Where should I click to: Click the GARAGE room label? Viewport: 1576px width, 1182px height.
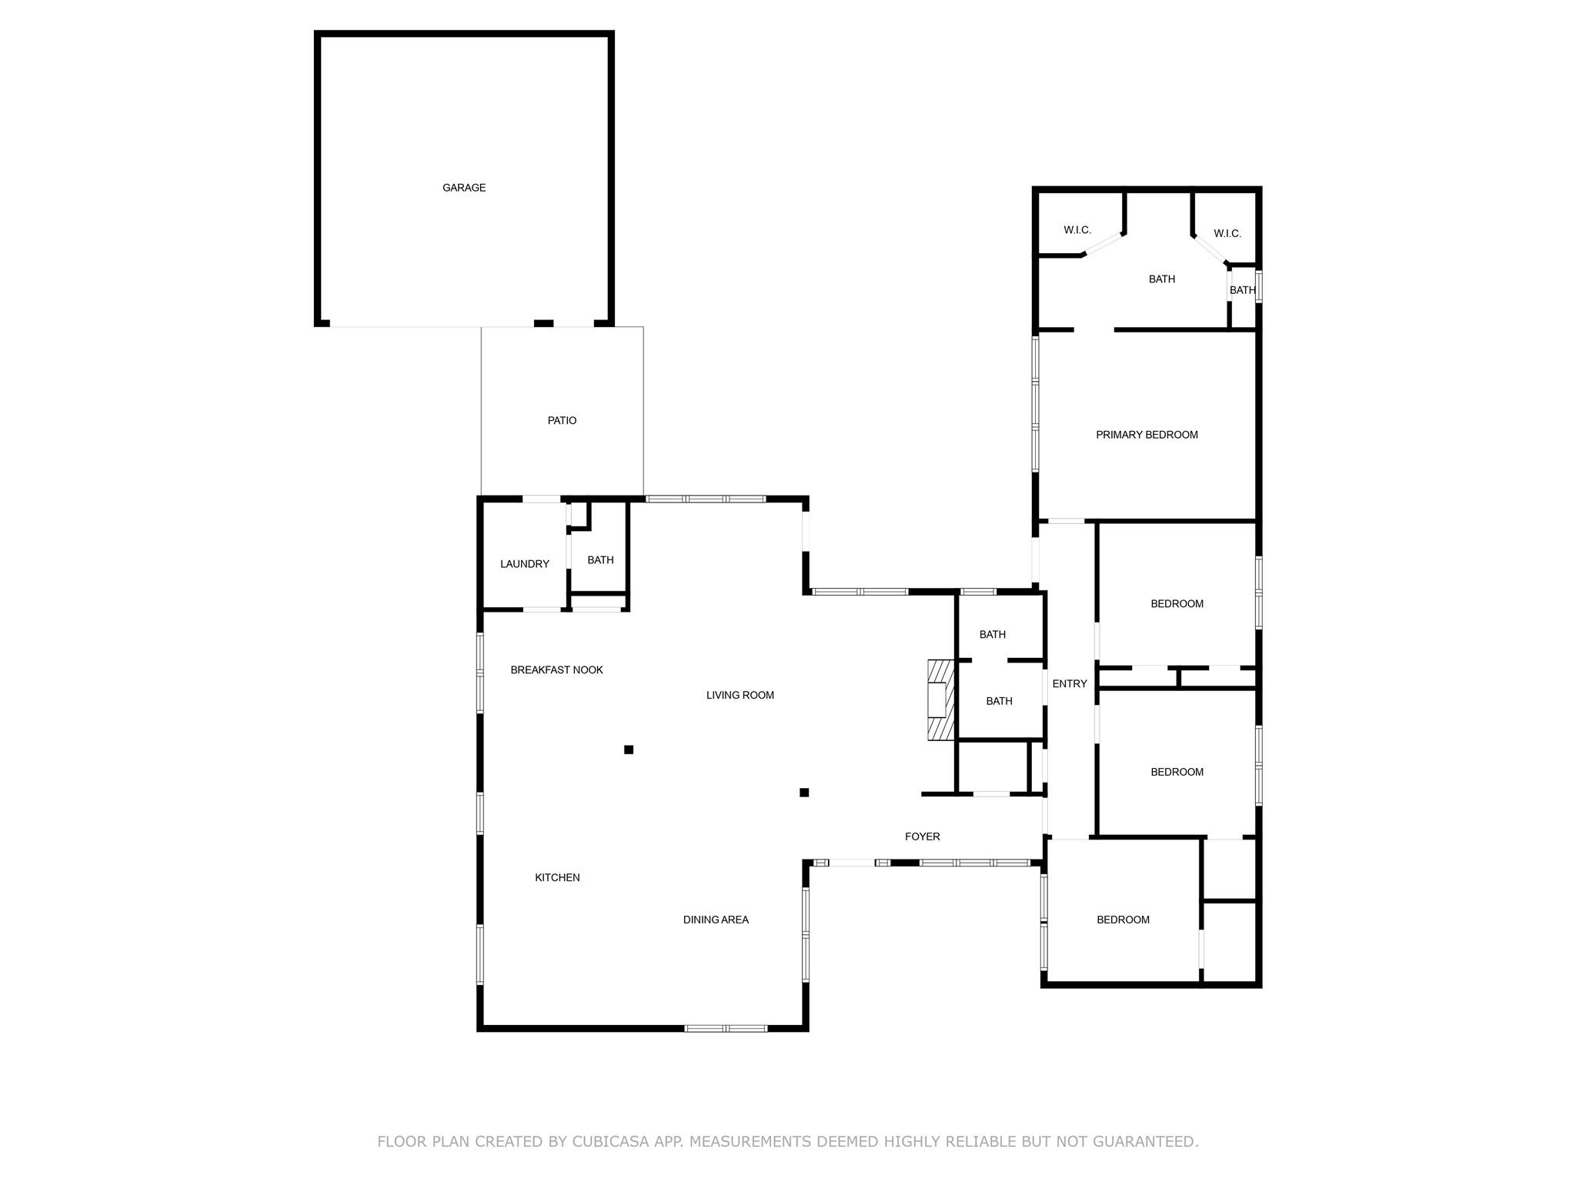pyautogui.click(x=464, y=188)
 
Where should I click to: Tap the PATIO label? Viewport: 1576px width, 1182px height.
pyautogui.click(x=562, y=420)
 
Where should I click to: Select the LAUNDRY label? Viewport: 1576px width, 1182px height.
pyautogui.click(x=525, y=564)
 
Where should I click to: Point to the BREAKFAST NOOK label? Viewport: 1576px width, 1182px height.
pyautogui.click(x=557, y=670)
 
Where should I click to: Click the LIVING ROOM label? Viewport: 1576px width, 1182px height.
pyautogui.click(x=740, y=695)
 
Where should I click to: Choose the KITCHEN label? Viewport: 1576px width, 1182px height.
pyautogui.click(x=558, y=877)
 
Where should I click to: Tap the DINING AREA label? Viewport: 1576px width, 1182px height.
pyautogui.click(x=716, y=920)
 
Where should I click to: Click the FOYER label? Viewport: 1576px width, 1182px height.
pyautogui.click(x=923, y=836)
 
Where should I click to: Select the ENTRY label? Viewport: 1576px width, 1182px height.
pyautogui.click(x=1070, y=683)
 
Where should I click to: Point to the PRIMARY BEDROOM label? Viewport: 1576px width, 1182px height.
pyautogui.click(x=1147, y=435)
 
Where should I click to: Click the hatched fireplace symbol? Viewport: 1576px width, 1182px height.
pyautogui.click(x=940, y=700)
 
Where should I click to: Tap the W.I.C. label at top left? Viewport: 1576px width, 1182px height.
pyautogui.click(x=1077, y=230)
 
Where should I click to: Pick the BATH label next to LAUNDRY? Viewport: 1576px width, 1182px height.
pyautogui.click(x=601, y=560)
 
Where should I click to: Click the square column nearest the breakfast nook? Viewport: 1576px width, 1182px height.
pyautogui.click(x=629, y=750)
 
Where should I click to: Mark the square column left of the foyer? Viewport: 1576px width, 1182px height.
pyautogui.click(x=804, y=793)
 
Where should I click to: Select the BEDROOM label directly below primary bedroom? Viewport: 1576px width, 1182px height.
pyautogui.click(x=1177, y=604)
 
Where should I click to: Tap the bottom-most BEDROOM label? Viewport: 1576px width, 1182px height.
pyautogui.click(x=1124, y=920)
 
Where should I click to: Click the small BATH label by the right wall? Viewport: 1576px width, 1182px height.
pyautogui.click(x=1243, y=290)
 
